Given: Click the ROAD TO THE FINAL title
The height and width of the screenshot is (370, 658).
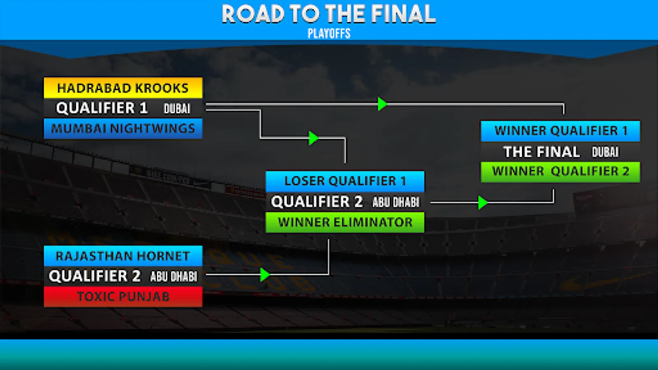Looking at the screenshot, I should [329, 14].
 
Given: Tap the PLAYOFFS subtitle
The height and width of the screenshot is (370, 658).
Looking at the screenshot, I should [329, 34].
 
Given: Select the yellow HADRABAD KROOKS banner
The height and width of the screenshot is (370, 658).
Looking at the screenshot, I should [123, 88].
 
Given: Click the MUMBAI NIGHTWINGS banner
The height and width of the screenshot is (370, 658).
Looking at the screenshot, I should [123, 129].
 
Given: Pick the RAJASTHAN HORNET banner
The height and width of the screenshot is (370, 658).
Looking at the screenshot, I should [123, 256].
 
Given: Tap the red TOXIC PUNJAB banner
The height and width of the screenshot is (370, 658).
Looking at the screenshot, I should [123, 296].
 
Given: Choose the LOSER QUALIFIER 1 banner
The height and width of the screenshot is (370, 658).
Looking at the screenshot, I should [345, 181].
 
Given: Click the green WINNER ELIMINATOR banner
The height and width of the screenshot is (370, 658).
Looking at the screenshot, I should [345, 222].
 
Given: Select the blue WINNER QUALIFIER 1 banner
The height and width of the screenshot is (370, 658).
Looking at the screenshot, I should [561, 131].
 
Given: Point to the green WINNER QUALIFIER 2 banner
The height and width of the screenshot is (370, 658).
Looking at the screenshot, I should [561, 171].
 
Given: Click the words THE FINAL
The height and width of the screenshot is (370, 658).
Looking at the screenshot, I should [542, 152].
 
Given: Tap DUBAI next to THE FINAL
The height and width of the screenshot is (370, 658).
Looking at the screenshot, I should [605, 152].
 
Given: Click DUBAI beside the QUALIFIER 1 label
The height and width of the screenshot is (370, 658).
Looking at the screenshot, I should [177, 109].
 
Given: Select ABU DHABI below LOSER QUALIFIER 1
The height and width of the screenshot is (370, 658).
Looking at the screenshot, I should [396, 202].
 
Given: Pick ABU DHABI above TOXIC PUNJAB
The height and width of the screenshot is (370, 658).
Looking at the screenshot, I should [174, 277].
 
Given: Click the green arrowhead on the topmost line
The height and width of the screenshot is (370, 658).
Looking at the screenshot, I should [382, 104].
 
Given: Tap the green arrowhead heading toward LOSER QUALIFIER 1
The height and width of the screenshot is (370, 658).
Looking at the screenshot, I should [313, 138].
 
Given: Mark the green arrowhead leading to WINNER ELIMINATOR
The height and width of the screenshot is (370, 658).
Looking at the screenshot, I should [265, 275].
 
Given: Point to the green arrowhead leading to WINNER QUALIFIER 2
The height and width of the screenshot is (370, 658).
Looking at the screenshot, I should [482, 203].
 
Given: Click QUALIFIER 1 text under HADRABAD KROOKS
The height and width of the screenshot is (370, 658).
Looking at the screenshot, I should [102, 108].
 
